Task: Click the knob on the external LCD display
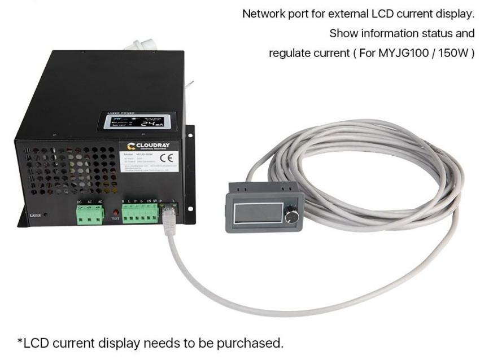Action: tap(291, 217)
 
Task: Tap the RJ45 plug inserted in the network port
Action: tap(167, 216)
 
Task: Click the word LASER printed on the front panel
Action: tap(35, 215)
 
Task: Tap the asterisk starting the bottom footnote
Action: tap(20, 341)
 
